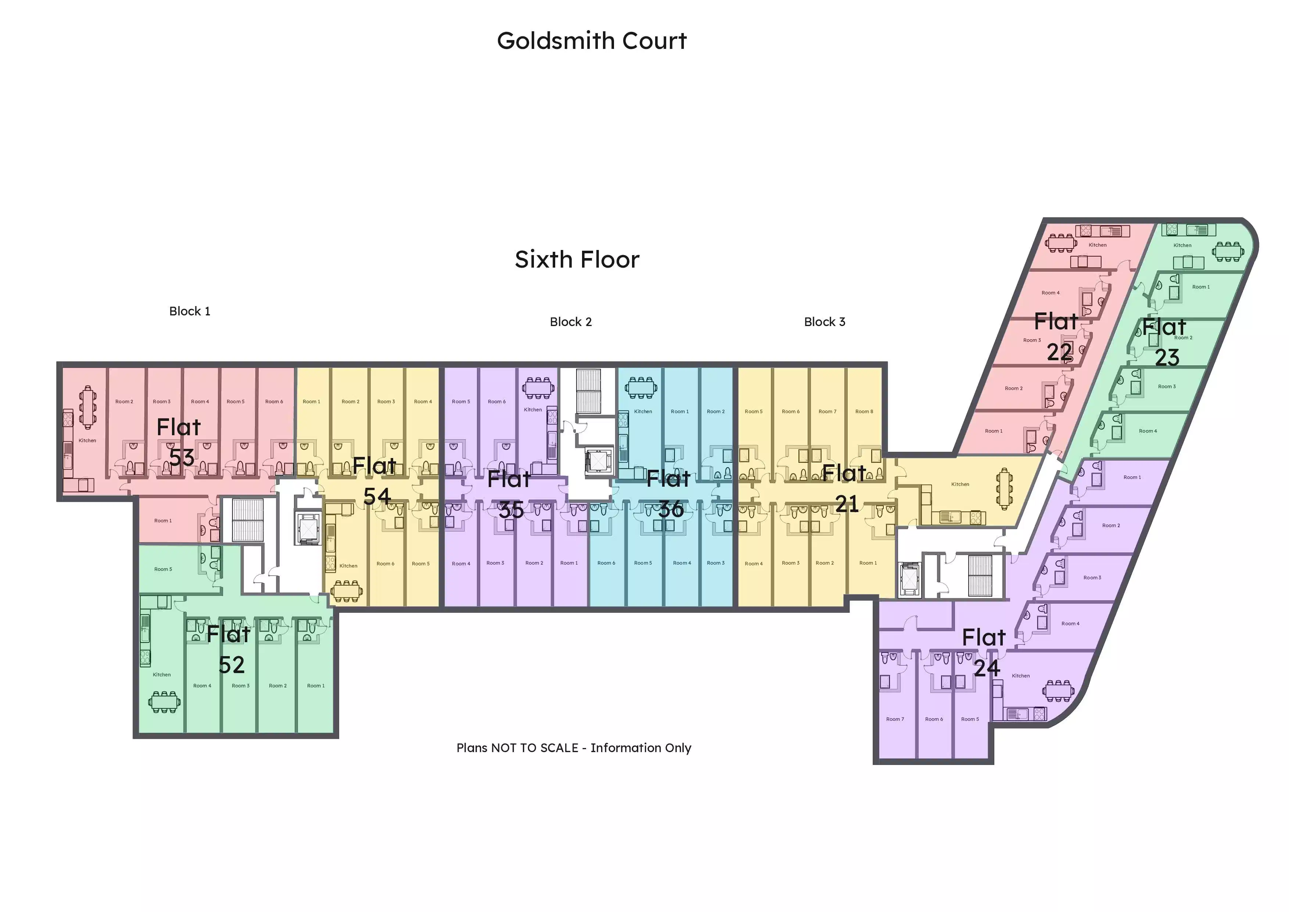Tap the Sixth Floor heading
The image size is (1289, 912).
(577, 260)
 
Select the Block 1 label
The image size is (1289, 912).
(190, 311)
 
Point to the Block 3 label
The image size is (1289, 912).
(824, 322)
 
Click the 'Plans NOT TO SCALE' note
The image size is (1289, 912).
(574, 748)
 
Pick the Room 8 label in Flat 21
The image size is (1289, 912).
(864, 412)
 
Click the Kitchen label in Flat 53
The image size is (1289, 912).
(87, 440)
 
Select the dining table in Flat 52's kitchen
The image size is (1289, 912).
(165, 701)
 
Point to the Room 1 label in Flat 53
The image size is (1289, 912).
(163, 521)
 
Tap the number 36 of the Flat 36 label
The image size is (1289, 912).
(671, 509)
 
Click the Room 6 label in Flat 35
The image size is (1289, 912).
(496, 401)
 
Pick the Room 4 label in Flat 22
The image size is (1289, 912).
(1051, 293)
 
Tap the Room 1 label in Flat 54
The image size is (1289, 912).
(311, 401)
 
